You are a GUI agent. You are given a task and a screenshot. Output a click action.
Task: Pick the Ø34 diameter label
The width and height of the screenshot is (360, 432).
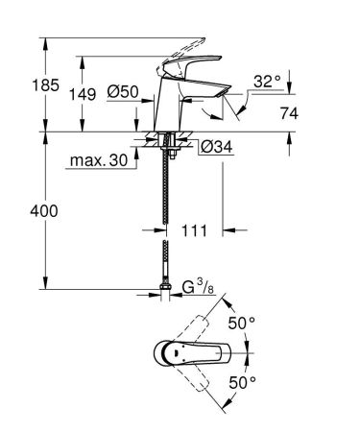[x=214, y=147]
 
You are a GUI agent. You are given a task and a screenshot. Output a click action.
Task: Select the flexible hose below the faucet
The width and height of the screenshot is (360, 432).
[x=167, y=211]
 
